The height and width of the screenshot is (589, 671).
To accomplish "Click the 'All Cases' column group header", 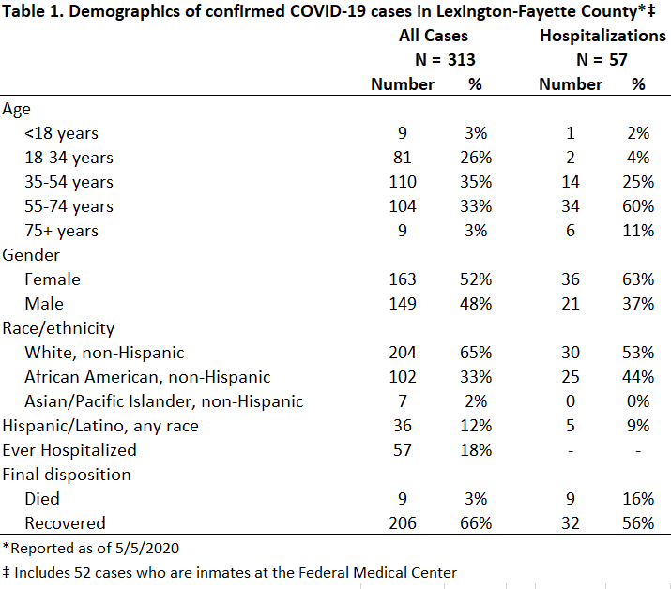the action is [433, 36].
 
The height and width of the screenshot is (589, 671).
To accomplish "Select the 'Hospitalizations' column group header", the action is [602, 36].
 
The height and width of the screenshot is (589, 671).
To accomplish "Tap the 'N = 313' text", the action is [445, 60].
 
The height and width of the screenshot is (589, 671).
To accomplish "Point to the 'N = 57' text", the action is [602, 60].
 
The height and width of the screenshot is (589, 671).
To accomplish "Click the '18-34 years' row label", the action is [69, 158].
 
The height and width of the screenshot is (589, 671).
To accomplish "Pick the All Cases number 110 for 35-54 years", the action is [403, 182].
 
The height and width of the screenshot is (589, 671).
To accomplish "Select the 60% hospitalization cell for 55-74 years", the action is [638, 206].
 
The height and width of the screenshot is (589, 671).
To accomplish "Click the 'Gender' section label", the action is [31, 255].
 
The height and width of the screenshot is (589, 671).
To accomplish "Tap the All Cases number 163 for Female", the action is [403, 279].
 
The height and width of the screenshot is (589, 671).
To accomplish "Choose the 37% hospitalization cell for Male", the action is [638, 304].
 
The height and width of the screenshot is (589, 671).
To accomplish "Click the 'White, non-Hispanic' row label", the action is [104, 353].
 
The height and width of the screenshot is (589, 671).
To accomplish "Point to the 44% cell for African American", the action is [638, 377].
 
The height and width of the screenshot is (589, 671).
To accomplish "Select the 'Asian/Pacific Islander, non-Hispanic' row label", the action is [164, 401].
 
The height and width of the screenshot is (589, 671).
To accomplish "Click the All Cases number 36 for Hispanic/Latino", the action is [403, 426].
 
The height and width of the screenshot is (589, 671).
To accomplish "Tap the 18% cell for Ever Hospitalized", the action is [476, 450].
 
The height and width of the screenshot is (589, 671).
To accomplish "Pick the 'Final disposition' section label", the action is [67, 475].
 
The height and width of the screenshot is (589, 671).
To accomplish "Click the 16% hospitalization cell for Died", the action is [638, 499].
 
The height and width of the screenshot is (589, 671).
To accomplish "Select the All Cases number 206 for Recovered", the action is [403, 523].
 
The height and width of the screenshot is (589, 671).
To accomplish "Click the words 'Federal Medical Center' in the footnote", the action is [377, 573].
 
